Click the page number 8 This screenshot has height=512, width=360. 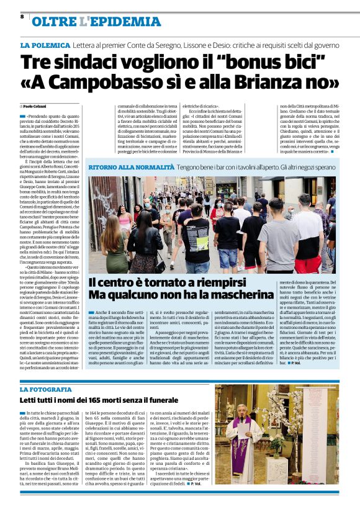[22, 18]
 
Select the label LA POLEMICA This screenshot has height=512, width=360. [45, 46]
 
